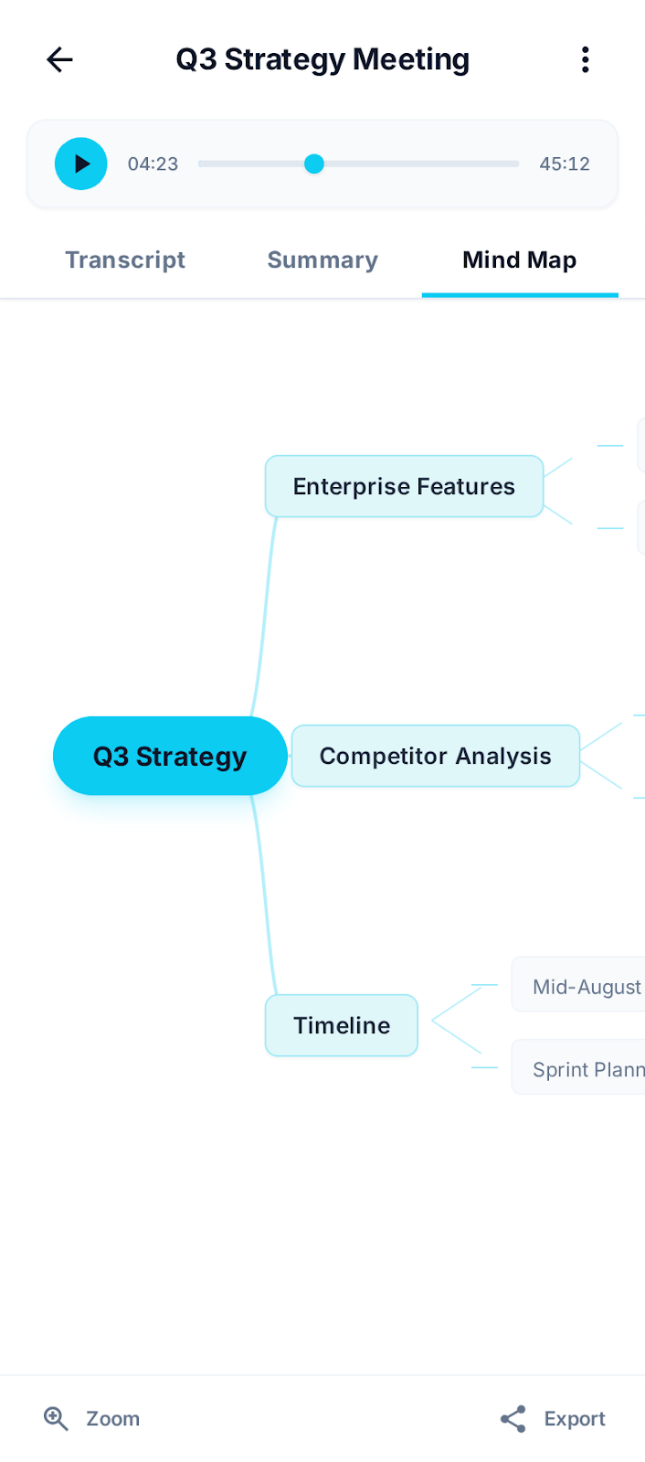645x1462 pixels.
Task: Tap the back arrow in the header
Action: [x=59, y=60]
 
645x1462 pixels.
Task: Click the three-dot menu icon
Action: [x=585, y=60]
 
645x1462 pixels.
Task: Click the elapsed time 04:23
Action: [x=153, y=164]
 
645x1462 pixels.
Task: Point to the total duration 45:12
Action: [x=565, y=164]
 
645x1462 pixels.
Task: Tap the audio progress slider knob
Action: [x=314, y=164]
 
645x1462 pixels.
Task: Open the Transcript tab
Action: [x=125, y=260]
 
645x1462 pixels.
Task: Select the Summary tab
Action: [x=322, y=260]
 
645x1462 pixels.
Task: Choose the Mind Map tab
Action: [x=519, y=260]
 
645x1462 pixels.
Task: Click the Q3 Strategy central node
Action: [x=170, y=757]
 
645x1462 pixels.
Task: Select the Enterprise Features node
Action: [x=404, y=486]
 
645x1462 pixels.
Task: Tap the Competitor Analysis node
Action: [x=435, y=757]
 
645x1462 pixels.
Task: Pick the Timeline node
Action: [x=342, y=1025]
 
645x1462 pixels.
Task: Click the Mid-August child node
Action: [x=585, y=987]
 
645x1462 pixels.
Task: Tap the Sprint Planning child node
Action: [x=585, y=1069]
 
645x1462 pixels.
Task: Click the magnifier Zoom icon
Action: [x=56, y=1418]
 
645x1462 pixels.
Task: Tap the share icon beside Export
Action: [x=513, y=1418]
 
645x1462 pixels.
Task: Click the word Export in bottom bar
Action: [x=575, y=1419]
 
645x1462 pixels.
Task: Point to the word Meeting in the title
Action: [x=411, y=60]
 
